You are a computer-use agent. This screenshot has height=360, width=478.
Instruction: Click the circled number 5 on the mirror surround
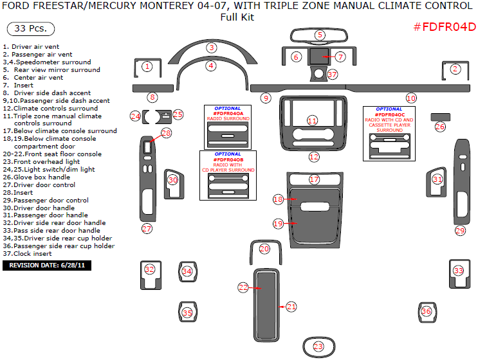tap(320, 35)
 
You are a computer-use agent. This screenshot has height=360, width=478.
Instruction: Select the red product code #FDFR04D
tap(444, 27)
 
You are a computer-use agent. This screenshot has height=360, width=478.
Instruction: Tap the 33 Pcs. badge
tap(30, 30)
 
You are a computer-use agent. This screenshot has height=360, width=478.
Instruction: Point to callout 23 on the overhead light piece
tap(318, 346)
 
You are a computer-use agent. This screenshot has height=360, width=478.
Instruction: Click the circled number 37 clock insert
tap(332, 75)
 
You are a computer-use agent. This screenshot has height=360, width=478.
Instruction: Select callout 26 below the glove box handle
tap(440, 127)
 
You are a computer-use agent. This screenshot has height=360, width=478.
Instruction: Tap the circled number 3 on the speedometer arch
tap(211, 48)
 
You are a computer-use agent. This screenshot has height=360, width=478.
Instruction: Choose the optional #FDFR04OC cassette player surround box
tap(389, 132)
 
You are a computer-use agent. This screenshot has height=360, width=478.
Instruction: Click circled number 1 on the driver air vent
tap(147, 66)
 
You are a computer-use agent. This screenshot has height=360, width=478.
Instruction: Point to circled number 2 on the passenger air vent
tap(455, 69)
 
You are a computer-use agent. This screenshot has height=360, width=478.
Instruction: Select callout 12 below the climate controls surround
tap(313, 156)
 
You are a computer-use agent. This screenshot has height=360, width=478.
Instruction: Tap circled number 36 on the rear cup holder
tap(426, 311)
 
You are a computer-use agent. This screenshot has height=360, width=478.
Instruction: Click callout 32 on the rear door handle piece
tap(149, 269)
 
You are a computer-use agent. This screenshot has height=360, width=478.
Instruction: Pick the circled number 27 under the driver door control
tap(147, 228)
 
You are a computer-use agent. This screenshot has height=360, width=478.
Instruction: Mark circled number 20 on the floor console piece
tap(264, 249)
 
